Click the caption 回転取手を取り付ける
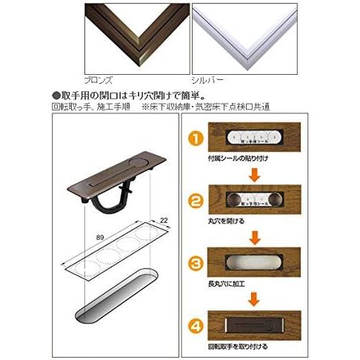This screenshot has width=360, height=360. (236, 345)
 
